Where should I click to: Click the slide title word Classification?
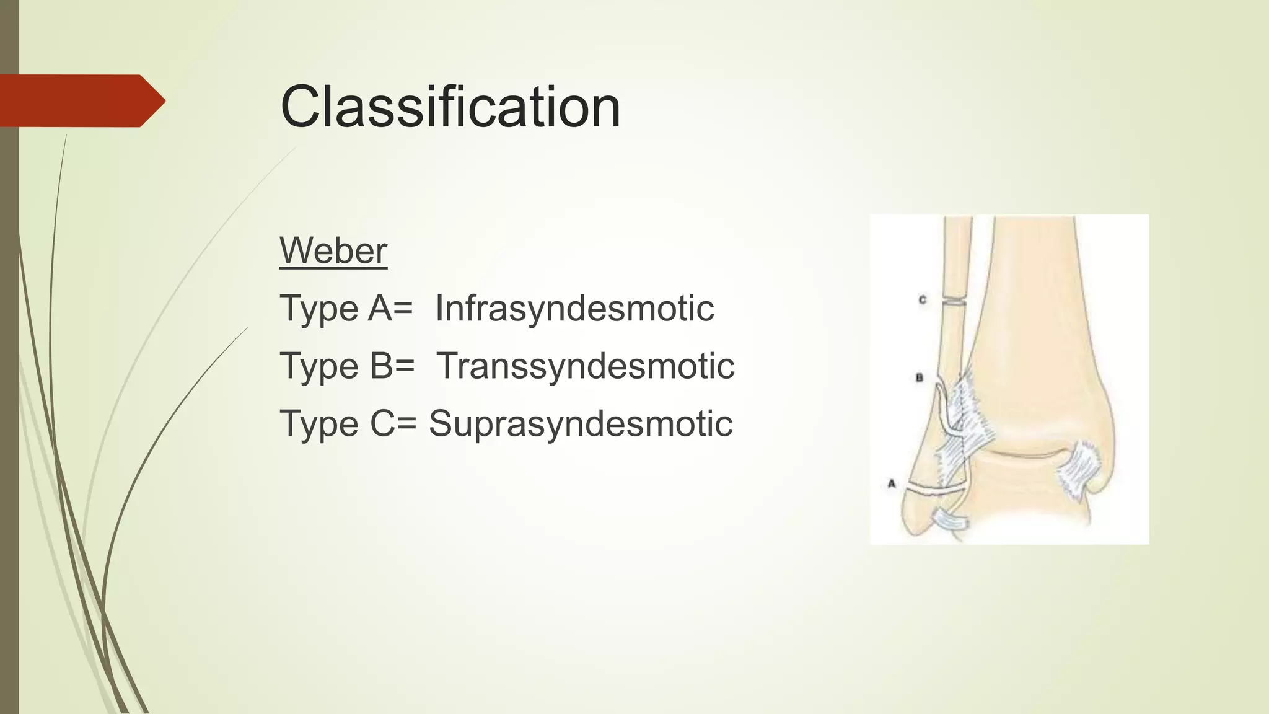tap(450, 107)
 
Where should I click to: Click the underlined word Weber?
tap(333, 250)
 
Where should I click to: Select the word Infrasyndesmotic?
tap(574, 308)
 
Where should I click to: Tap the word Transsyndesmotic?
tap(586, 366)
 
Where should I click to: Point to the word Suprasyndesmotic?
tap(581, 423)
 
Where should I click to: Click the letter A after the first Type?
tap(380, 308)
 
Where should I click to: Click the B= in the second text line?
tap(392, 366)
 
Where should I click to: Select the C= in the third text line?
tap(393, 423)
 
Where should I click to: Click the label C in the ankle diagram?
tap(922, 300)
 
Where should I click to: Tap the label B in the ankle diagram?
tap(920, 377)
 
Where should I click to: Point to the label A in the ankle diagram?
tap(892, 483)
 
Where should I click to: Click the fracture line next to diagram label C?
tap(954, 303)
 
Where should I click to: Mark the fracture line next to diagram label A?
tap(936, 489)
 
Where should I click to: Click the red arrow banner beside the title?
tap(81, 100)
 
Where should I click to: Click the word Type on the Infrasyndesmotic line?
tap(319, 308)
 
